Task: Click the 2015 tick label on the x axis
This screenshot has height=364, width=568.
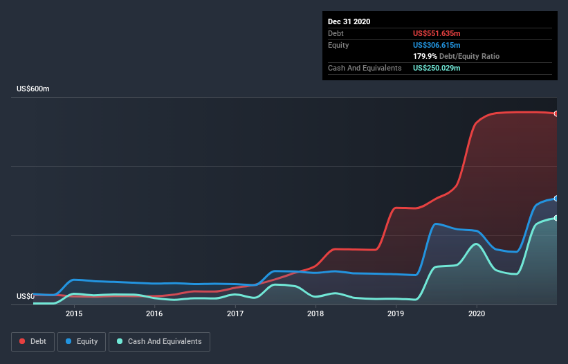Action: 74,313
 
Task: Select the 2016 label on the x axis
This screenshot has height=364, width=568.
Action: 154,313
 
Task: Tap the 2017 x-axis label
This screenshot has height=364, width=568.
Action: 235,313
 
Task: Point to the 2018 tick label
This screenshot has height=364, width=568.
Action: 315,313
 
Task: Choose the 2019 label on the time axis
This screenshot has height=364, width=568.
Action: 396,313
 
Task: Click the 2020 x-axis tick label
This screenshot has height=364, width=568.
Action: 477,313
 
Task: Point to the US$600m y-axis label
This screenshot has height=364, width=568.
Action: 33,89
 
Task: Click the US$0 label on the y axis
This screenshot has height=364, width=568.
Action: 26,296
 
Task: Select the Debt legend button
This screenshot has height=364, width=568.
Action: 33,342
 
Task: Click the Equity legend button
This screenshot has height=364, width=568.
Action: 82,342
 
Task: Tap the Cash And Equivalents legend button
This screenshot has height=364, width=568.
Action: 159,342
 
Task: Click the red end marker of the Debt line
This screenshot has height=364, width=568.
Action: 556,113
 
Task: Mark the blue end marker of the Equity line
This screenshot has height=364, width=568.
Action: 556,199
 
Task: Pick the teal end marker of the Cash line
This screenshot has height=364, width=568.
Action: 556,218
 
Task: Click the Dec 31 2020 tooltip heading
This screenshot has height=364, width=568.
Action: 349,21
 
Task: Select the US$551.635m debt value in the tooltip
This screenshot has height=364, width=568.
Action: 437,33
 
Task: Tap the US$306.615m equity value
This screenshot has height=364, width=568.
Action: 437,45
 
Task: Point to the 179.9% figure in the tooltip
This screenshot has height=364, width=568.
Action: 425,57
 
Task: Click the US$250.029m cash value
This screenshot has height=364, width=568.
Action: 437,68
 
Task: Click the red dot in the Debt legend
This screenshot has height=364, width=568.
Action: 22,341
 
